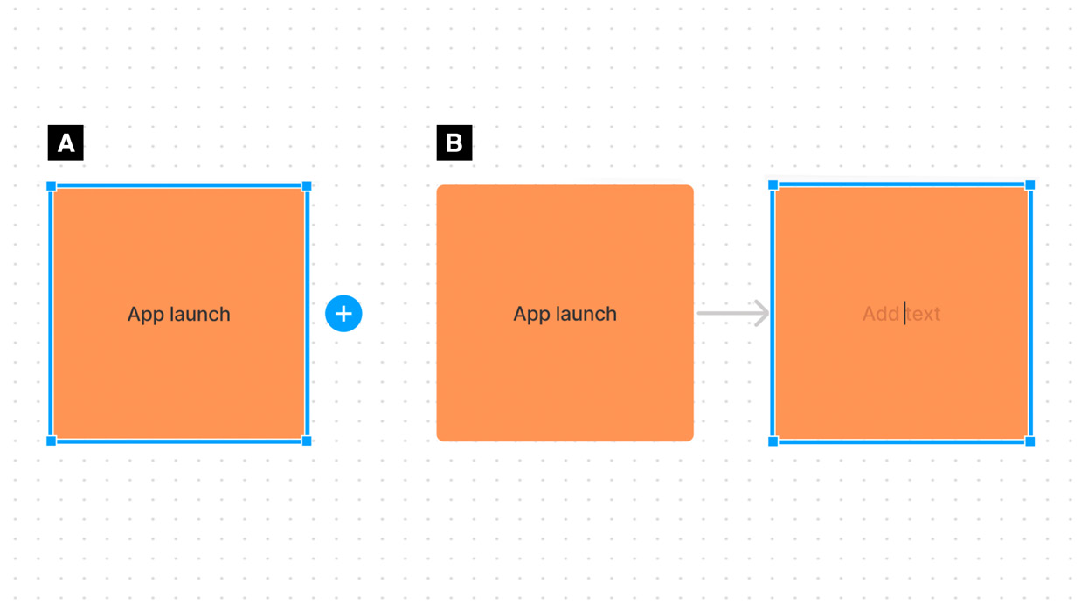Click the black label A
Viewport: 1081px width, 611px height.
pyautogui.click(x=66, y=142)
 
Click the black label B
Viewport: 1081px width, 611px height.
pyautogui.click(x=454, y=142)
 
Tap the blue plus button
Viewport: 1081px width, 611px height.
pyautogui.click(x=343, y=314)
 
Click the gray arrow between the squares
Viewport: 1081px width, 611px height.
pyautogui.click(x=732, y=313)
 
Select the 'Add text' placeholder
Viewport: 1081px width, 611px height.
pyautogui.click(x=901, y=314)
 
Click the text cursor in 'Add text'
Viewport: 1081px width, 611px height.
pyautogui.click(x=905, y=313)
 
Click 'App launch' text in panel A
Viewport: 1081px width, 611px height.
pyautogui.click(x=178, y=314)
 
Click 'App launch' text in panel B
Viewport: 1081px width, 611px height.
pyautogui.click(x=565, y=314)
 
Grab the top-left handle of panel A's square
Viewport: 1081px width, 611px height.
pyautogui.click(x=52, y=186)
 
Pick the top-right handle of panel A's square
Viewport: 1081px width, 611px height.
pyautogui.click(x=307, y=186)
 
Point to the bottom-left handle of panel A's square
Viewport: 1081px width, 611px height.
pyautogui.click(x=52, y=441)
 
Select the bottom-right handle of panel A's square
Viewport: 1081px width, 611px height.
pyautogui.click(x=307, y=441)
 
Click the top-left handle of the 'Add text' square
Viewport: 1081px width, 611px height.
pyautogui.click(x=773, y=185)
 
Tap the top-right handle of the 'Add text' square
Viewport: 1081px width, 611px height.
pyautogui.click(x=1030, y=185)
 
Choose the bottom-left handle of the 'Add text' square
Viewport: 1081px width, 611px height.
pyautogui.click(x=773, y=441)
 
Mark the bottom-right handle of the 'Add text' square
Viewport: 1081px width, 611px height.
pyautogui.click(x=1030, y=441)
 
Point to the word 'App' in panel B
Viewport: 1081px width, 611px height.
pyautogui.click(x=528, y=315)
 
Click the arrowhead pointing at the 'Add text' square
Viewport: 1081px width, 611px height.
pyautogui.click(x=762, y=313)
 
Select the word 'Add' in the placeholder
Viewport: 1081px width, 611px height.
pyautogui.click(x=881, y=314)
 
